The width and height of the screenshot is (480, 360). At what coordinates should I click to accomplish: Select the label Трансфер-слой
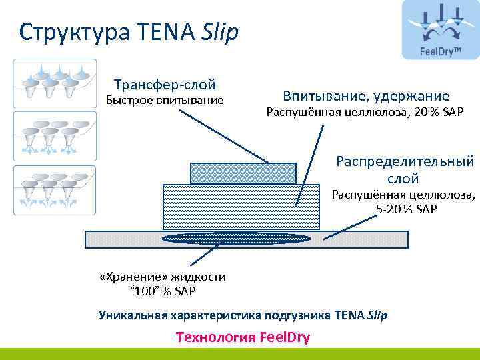[165, 85]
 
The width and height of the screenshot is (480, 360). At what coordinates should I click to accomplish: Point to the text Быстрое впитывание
[165, 101]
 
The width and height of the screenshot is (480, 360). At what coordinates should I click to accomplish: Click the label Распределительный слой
[405, 169]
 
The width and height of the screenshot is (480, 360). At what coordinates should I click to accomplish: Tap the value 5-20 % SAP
[406, 209]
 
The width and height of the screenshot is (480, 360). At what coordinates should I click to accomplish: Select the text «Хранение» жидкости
[162, 277]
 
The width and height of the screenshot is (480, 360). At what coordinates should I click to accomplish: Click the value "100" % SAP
[162, 291]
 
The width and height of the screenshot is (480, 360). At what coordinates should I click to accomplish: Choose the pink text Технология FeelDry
[243, 337]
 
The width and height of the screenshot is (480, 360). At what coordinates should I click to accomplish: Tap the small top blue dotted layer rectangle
[243, 173]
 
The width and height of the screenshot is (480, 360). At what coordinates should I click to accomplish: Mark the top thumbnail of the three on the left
[54, 83]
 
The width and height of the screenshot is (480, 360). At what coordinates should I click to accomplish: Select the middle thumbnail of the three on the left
[54, 135]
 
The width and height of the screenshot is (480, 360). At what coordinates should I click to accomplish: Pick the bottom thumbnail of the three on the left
[54, 189]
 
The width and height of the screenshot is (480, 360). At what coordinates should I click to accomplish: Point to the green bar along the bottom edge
[240, 354]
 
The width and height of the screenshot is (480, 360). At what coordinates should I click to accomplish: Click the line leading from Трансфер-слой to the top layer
[223, 135]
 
